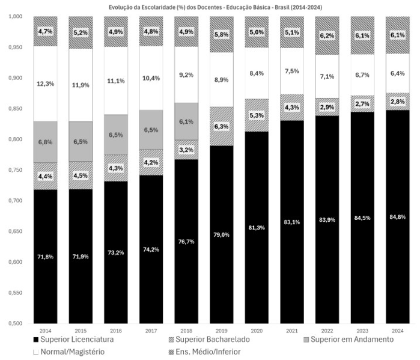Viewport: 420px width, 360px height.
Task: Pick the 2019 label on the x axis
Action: click(x=221, y=331)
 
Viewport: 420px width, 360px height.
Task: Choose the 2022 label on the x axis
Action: click(x=327, y=331)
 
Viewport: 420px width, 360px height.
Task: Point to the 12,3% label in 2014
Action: click(x=46, y=84)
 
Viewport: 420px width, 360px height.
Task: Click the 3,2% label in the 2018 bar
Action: click(x=186, y=149)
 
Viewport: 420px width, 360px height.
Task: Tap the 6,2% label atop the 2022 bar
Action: click(x=327, y=35)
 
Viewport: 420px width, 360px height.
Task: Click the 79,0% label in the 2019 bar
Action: click(x=222, y=234)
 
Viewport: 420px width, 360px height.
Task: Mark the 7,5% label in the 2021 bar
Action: click(x=292, y=71)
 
